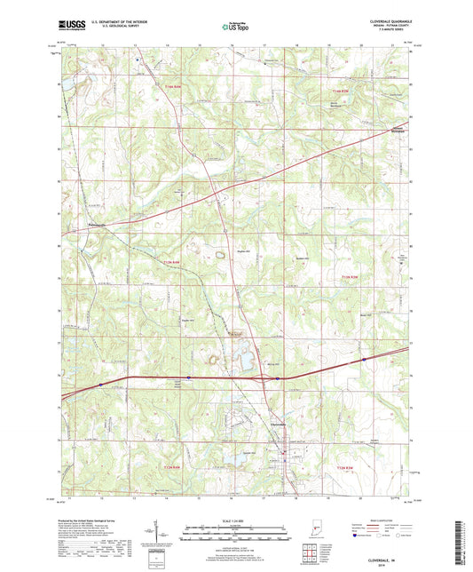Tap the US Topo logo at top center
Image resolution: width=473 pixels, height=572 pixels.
tap(233, 28)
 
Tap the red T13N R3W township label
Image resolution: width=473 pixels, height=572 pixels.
tap(351, 278)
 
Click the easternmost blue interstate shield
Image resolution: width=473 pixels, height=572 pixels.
tap(364, 360)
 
